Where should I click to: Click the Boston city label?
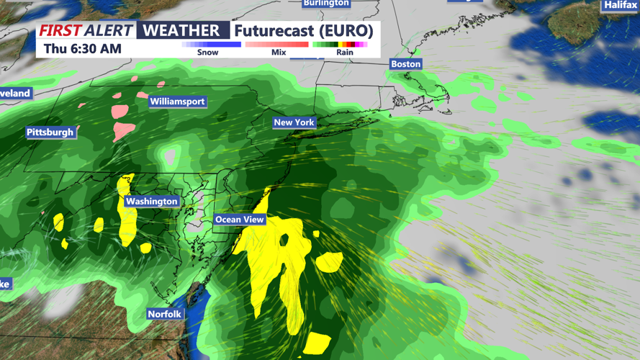click(x=405, y=64)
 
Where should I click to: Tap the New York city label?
click(x=294, y=122)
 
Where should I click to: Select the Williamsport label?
click(x=178, y=102)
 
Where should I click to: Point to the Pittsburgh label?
click(x=50, y=132)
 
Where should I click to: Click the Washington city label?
click(x=151, y=202)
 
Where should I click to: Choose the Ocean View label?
click(x=240, y=220)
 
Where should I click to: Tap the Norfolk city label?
click(x=165, y=314)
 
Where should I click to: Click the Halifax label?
click(x=621, y=5)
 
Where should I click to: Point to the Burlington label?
click(x=326, y=3)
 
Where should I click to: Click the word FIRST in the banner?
click(x=60, y=30)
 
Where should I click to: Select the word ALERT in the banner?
click(x=109, y=30)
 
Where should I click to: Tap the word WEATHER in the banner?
click(x=181, y=30)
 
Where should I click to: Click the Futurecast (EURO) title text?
click(x=303, y=30)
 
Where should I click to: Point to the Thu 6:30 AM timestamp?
click(x=82, y=49)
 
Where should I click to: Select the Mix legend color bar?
click(x=277, y=45)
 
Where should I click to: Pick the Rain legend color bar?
click(x=340, y=45)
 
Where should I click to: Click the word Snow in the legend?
click(x=208, y=53)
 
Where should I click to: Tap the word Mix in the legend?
click(x=278, y=53)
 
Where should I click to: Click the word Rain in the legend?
click(x=345, y=53)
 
